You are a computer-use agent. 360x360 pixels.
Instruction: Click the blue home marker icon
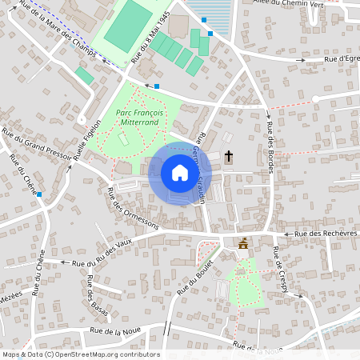[x=180, y=173]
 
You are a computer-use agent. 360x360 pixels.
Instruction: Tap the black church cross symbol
[x=229, y=155]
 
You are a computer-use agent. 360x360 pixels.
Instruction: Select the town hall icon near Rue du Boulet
[x=243, y=243]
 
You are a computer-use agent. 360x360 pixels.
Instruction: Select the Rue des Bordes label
[x=270, y=136]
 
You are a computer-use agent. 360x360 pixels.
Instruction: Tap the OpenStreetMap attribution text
[x=81, y=354]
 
